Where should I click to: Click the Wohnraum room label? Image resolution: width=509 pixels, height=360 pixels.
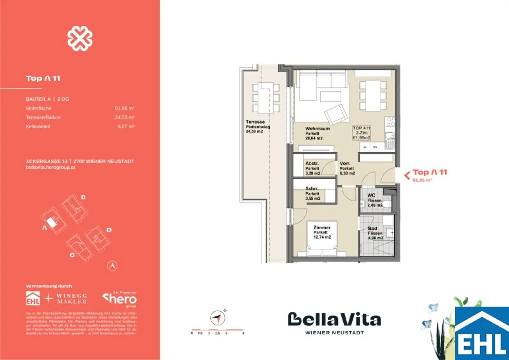click(x=317, y=129)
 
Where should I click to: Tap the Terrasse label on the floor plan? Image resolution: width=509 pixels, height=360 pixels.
click(x=255, y=122)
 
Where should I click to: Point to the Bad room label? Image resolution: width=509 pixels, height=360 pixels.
click(x=373, y=229)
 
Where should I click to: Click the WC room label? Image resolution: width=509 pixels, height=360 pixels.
click(x=371, y=196)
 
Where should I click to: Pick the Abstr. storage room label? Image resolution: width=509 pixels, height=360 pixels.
click(x=312, y=164)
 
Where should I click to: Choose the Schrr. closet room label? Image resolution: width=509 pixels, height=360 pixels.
click(x=312, y=189)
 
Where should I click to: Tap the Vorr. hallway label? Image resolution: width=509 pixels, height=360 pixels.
click(x=345, y=164)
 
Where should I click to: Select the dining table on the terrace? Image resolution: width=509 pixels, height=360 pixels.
click(x=266, y=98)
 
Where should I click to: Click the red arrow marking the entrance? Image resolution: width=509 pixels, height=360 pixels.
click(x=407, y=175)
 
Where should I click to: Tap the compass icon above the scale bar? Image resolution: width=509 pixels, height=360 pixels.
click(x=217, y=318)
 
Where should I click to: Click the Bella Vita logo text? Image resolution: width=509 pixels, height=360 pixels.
click(x=334, y=320)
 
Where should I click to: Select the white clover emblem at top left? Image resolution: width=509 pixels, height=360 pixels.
click(x=80, y=38)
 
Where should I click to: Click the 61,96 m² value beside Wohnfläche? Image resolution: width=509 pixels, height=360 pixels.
click(x=124, y=108)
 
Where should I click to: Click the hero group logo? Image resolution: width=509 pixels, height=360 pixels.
click(x=120, y=299)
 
